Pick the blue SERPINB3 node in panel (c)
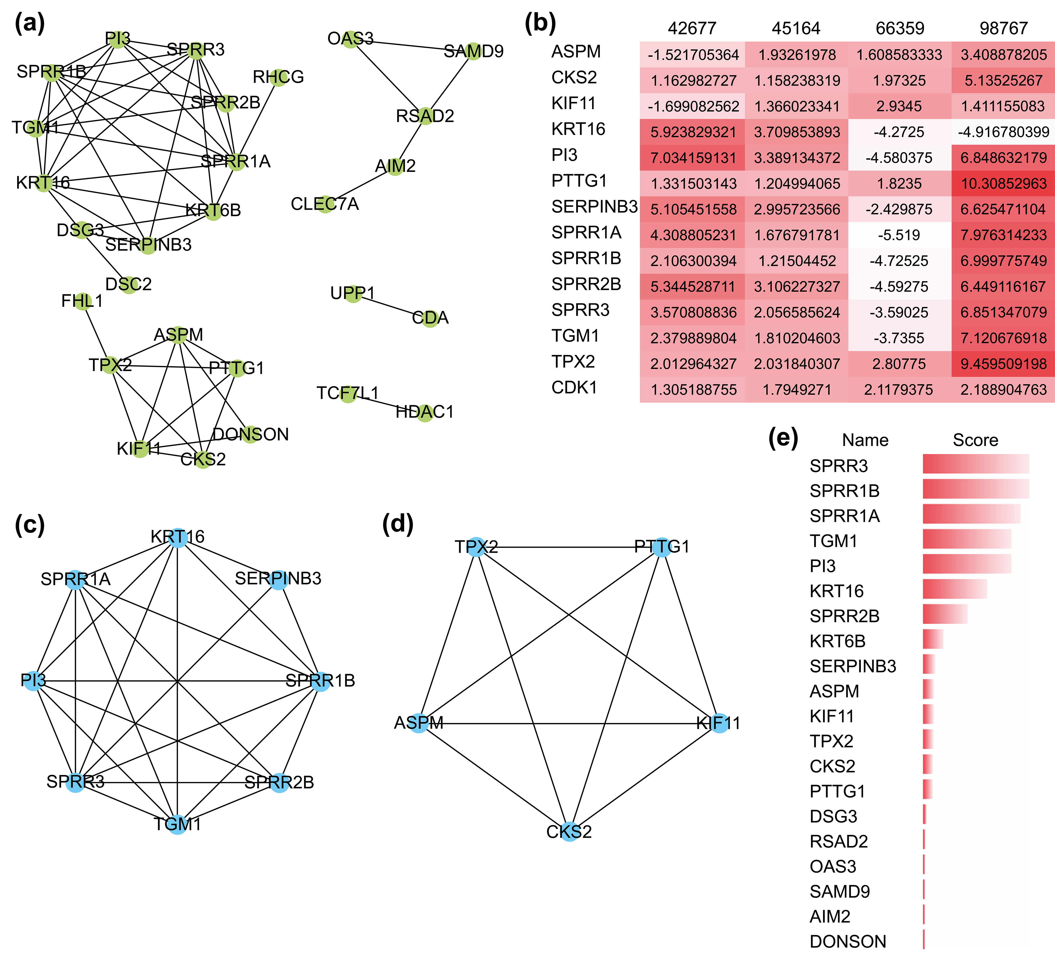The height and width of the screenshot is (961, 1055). point(279,580)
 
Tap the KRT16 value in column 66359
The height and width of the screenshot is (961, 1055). point(899,132)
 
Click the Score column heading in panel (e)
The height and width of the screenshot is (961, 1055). point(975,440)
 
